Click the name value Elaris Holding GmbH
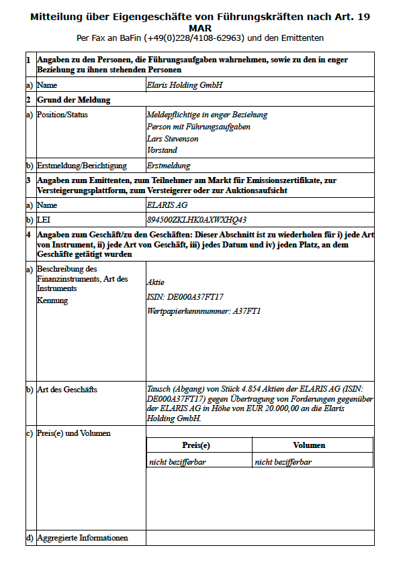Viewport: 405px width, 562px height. tap(184, 86)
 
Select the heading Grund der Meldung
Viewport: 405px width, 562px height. tap(74, 100)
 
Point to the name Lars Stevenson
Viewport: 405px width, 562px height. tap(173, 139)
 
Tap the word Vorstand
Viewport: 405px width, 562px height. tap(162, 151)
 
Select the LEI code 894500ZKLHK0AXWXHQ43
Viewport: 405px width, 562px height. tap(196, 219)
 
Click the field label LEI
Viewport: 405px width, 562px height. tap(44, 219)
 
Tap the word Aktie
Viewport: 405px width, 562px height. tap(155, 282)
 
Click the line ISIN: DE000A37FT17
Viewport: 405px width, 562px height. tap(185, 296)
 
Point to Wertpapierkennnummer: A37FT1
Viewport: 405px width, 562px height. tap(204, 311)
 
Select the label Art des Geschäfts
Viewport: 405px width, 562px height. tap(67, 390)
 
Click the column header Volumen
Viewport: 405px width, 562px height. tap(309, 445)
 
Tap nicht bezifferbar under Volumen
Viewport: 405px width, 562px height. tap(283, 461)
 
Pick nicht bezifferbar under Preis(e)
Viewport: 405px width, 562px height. tap(177, 461)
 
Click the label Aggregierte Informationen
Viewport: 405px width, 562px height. tap(82, 538)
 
